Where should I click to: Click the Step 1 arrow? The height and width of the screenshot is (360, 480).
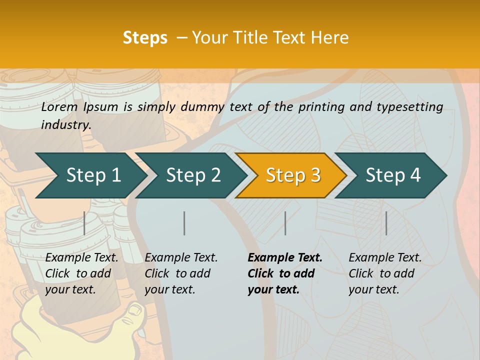coord(92,175)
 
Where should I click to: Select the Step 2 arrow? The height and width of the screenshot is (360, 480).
coord(193,175)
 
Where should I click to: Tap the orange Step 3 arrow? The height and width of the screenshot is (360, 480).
coord(292,175)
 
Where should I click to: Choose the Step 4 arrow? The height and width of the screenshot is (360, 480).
coord(393,175)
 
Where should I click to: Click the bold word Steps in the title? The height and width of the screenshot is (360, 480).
coord(145,38)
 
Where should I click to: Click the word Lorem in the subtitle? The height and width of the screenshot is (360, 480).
coord(59,106)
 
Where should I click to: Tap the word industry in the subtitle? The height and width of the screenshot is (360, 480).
coord(65,125)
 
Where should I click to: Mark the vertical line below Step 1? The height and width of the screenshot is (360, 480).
coord(84,223)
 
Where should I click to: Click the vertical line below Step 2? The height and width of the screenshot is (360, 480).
coord(184,223)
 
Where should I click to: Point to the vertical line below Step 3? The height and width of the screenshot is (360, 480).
coord(285,223)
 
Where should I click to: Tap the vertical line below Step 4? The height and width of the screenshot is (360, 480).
coord(386,223)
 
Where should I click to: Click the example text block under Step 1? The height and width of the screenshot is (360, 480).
coord(81,273)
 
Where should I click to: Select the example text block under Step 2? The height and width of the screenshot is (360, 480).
coord(181,273)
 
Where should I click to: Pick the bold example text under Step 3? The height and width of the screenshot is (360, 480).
coord(285,273)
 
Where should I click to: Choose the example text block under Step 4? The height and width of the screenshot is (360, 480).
coord(385,273)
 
